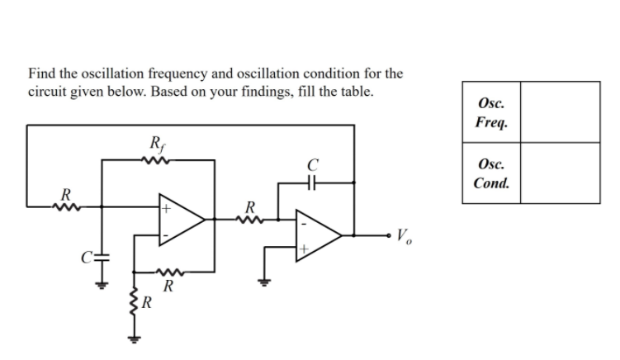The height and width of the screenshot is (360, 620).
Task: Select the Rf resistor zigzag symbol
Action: tap(158, 161)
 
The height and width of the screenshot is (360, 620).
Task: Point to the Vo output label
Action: tap(404, 237)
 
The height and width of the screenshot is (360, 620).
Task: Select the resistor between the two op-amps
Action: tap(251, 220)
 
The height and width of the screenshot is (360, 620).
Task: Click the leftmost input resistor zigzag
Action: tap(64, 206)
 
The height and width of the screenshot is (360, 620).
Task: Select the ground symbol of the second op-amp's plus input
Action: tap(266, 282)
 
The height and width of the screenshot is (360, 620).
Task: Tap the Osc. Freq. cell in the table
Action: tap(491, 112)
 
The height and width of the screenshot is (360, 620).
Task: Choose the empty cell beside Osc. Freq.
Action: tap(560, 112)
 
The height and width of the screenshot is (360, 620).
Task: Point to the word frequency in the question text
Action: tap(163, 73)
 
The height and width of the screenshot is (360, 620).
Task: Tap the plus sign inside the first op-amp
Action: tap(165, 210)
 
